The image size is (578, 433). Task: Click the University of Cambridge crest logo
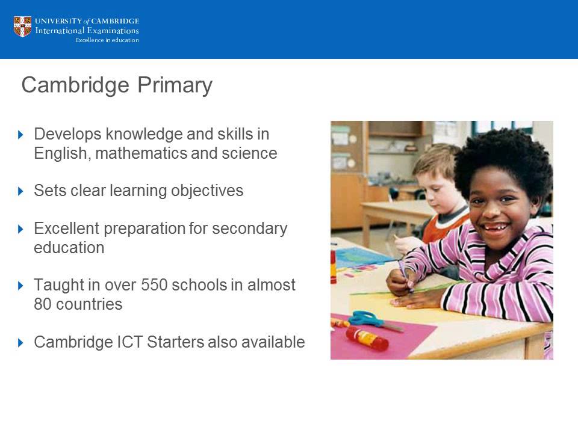point(22,27)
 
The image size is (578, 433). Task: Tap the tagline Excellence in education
point(107,40)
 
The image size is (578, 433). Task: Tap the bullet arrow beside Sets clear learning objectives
point(21,191)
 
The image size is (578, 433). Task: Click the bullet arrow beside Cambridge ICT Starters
point(21,343)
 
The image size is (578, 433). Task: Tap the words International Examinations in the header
point(87,31)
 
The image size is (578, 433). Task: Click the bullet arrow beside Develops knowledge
point(21,134)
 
